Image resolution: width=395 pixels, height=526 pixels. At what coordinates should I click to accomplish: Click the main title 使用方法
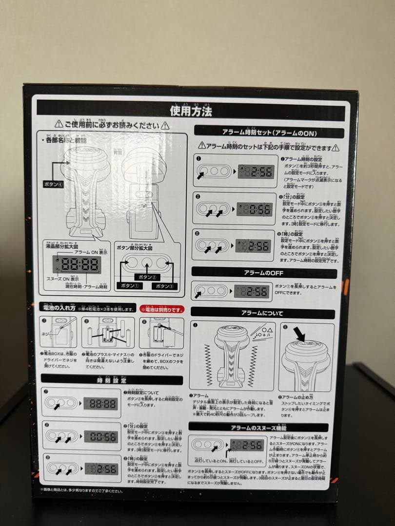coord(191,111)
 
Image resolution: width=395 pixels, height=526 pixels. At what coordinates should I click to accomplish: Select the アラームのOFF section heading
coord(264,273)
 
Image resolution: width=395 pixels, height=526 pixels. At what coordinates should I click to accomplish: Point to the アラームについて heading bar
coord(262,313)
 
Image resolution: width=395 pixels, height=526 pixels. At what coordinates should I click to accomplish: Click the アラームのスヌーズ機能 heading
coord(258,427)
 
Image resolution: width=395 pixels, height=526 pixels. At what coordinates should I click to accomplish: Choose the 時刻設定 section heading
coord(112,380)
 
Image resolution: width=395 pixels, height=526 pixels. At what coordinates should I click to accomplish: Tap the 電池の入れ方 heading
coord(58,308)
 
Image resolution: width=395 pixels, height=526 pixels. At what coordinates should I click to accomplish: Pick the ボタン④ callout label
coord(53,185)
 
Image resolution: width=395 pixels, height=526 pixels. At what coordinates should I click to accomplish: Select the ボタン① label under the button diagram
coord(128,286)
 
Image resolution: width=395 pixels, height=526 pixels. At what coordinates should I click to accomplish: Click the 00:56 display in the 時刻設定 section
coord(100,436)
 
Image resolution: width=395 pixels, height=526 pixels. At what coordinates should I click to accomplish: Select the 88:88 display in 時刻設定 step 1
coord(100,403)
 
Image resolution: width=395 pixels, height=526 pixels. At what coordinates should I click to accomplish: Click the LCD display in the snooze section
coord(247,445)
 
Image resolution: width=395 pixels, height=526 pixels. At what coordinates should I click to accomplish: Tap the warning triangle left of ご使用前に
coord(58,125)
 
